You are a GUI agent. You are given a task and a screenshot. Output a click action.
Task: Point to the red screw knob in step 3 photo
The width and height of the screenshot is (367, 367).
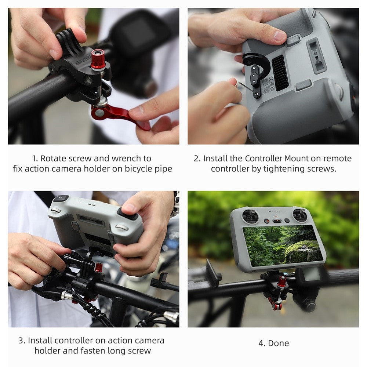[x=99, y=268]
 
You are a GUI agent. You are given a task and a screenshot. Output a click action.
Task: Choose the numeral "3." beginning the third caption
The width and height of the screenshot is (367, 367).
[x=22, y=341]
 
